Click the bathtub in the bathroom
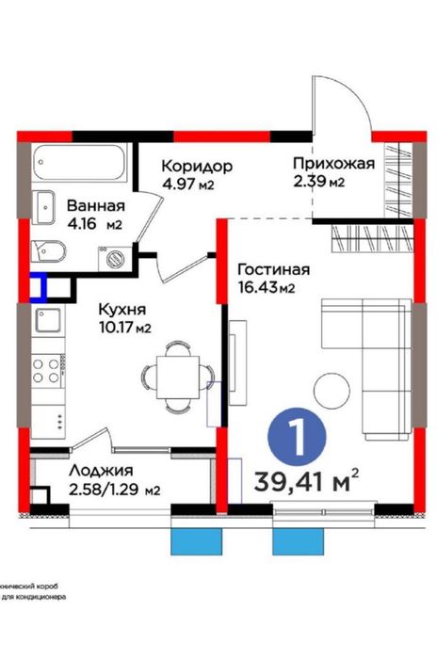point(79,163)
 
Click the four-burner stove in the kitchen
point(45,368)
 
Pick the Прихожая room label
point(332,164)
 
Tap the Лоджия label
point(100,471)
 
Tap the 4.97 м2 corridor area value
point(188,185)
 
